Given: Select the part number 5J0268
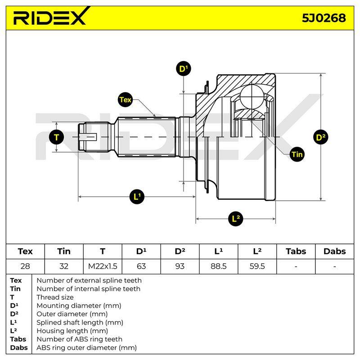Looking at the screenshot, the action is [x=324, y=18].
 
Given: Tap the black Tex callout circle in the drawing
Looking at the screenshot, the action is [x=125, y=99].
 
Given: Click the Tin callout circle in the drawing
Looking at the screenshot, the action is [x=297, y=154].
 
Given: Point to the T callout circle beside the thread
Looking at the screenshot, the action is [x=57, y=137].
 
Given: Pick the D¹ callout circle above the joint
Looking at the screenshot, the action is [x=184, y=68].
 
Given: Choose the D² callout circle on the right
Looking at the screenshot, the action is [x=320, y=137].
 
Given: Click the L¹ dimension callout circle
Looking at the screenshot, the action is [x=137, y=197].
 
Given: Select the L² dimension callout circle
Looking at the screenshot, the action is [x=235, y=218].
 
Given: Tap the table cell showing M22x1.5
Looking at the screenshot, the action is [x=103, y=266].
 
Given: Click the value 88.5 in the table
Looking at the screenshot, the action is [x=218, y=266].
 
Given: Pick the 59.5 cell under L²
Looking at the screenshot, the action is [x=257, y=266].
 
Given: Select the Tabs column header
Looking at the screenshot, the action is [x=296, y=252].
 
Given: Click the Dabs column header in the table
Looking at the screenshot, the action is [x=334, y=252].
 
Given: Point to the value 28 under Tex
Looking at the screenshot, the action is [x=25, y=266].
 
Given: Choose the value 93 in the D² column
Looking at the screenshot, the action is [x=180, y=266].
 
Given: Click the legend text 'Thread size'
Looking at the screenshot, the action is [x=55, y=297].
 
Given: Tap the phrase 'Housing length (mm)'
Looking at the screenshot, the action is [x=72, y=331].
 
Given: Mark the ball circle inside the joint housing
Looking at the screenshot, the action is [x=252, y=96].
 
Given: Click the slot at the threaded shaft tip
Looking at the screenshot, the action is [x=88, y=137].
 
